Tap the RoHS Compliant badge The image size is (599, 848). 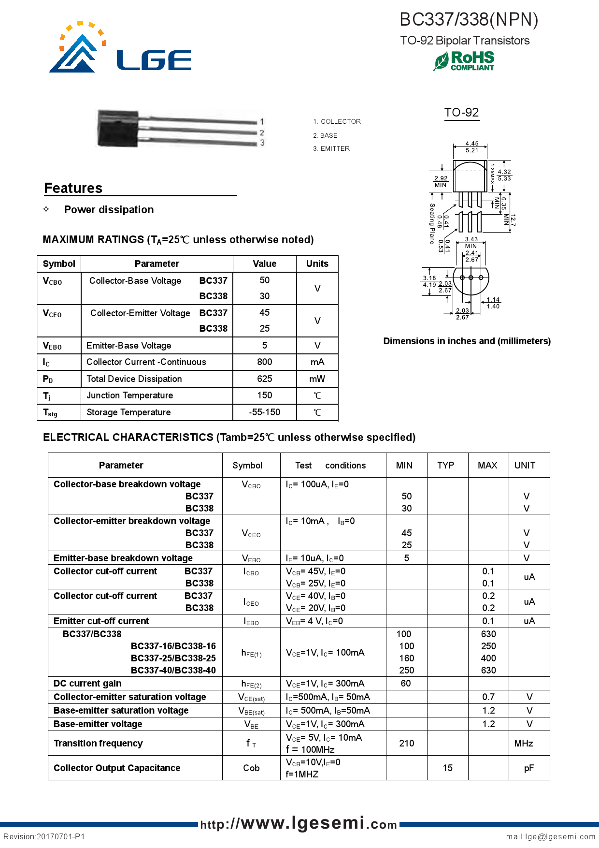point(464,61)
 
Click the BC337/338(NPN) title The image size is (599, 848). point(469,19)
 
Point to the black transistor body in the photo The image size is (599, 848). point(117,128)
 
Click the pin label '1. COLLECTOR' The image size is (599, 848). point(337,121)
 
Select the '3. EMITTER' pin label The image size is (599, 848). point(331,148)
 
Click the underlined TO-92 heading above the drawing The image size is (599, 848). point(461,112)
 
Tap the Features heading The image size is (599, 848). point(73,188)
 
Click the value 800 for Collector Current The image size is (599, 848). point(264,362)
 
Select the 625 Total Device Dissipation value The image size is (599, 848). point(264,379)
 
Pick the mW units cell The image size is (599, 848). point(317,379)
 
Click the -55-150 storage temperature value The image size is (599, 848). point(264,412)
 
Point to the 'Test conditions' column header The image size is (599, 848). point(330,465)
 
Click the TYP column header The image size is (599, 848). point(445,465)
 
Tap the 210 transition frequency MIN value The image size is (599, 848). point(406,743)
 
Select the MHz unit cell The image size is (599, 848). point(524,743)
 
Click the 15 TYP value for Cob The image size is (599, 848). point(447,768)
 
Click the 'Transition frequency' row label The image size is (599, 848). point(98,743)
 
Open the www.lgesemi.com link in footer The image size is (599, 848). point(299,823)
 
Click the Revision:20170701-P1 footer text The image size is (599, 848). point(44,836)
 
